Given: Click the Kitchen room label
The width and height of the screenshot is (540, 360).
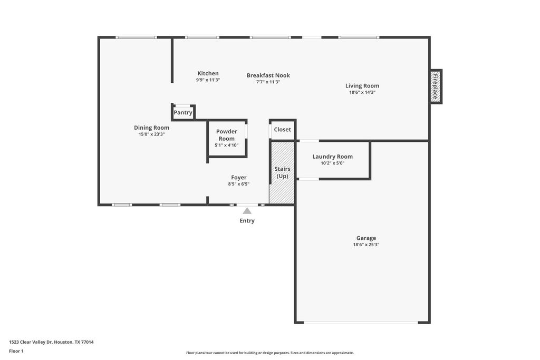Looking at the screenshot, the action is [x=208, y=73].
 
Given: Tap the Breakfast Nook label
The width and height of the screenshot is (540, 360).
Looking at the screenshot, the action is [x=268, y=75].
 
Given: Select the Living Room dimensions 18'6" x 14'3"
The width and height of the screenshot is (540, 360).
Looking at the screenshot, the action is [x=362, y=92].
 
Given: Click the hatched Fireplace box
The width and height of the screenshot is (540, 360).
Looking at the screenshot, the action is [x=436, y=86].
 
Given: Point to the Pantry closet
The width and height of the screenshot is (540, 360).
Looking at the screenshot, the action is [x=183, y=113].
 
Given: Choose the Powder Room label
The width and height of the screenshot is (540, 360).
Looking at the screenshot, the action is [x=227, y=135].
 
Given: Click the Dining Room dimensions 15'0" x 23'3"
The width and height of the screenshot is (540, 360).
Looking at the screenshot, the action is [x=151, y=134].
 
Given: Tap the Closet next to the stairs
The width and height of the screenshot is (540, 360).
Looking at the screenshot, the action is [x=283, y=130].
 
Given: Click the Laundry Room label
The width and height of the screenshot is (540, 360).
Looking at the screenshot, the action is [x=332, y=157].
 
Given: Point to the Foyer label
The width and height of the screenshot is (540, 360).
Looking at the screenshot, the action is [x=239, y=178].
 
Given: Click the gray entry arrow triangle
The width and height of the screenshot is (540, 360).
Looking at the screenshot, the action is [x=247, y=211].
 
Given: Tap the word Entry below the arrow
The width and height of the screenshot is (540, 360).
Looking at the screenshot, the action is [x=247, y=221].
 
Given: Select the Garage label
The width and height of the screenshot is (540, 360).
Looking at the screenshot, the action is [x=366, y=238].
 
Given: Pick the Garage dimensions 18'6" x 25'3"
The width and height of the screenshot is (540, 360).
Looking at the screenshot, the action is [x=366, y=245].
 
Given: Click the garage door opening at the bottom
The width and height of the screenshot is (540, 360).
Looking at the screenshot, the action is [x=361, y=323].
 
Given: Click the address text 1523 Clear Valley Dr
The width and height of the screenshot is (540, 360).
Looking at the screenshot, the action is [x=31, y=342].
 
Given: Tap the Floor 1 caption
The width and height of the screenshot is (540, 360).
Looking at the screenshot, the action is [x=16, y=351].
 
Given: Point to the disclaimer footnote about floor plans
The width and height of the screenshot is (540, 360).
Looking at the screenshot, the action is [x=269, y=353].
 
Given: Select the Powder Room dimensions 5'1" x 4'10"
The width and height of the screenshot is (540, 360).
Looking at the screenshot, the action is [x=227, y=145].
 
